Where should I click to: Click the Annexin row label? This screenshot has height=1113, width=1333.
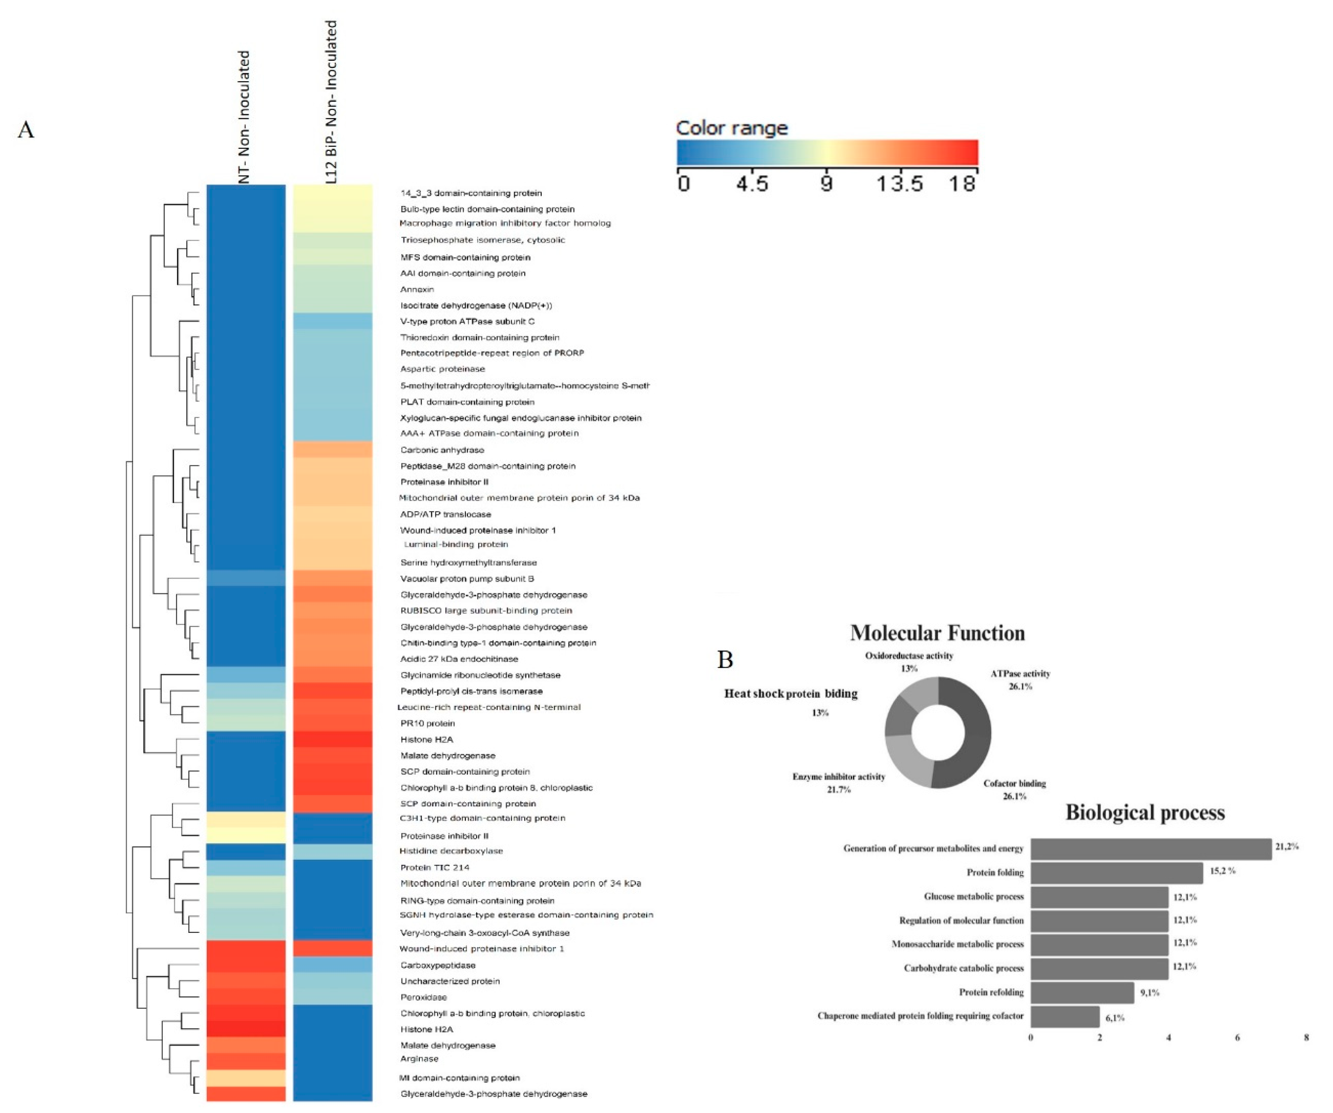pos(417,290)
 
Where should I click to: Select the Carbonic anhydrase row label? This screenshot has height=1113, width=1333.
pos(442,450)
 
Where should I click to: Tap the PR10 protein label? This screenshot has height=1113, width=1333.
pos(427,723)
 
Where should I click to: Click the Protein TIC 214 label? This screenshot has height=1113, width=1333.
pos(435,867)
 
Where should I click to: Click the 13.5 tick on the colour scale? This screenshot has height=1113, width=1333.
pos(899,184)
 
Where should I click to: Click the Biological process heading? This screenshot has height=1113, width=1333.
pos(1145,813)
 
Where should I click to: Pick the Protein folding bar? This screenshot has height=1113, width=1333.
pos(1116,873)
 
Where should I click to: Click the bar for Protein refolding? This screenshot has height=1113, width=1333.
pos(1082,993)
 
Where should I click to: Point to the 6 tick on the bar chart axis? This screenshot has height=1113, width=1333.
pos(1237,1038)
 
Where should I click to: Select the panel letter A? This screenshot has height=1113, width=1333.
pos(26,129)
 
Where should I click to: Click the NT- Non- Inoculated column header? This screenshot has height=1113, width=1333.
pos(244,117)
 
